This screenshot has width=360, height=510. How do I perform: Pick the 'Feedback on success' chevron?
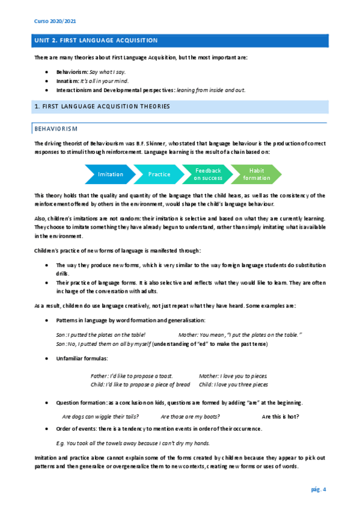click(208, 174)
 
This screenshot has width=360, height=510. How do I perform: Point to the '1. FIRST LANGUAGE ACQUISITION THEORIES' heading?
click(103, 106)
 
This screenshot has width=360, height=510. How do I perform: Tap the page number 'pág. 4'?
click(319, 490)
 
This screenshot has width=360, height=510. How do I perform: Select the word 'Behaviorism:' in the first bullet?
click(72, 72)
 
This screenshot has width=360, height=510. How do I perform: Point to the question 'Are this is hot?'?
click(281, 416)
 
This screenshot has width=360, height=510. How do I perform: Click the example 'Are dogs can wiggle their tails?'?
click(101, 416)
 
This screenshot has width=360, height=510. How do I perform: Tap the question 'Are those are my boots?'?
click(190, 416)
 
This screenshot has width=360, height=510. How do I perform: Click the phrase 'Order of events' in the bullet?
click(75, 429)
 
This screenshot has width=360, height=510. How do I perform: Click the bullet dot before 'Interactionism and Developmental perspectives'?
click(47, 90)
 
